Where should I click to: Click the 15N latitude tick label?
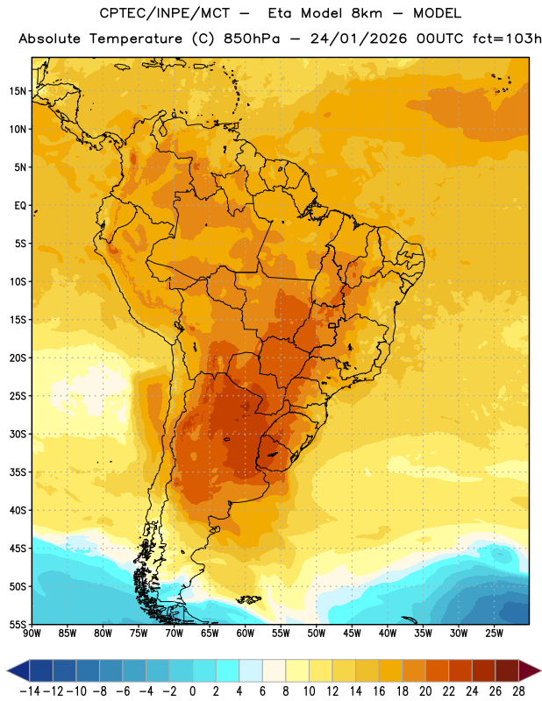[18, 91]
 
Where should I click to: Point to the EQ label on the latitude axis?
[20, 206]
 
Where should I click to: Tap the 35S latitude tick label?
[18, 472]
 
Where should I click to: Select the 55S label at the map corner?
[18, 624]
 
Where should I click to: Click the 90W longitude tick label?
[32, 633]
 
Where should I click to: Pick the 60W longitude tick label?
[246, 633]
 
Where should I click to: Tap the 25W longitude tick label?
[494, 633]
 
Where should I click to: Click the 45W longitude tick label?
[353, 633]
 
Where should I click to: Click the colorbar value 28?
[518, 691]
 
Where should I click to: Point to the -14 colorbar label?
[30, 691]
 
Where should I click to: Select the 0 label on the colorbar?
[192, 691]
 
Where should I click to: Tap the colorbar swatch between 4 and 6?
[251, 670]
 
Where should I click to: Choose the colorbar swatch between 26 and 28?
[507, 670]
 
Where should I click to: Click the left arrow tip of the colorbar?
[7, 670]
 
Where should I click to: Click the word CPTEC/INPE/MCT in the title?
[165, 13]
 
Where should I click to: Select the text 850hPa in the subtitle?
[252, 39]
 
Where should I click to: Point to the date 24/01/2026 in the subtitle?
[359, 39]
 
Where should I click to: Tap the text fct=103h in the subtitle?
[507, 39]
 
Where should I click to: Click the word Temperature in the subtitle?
[136, 39]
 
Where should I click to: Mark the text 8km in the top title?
[367, 13]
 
